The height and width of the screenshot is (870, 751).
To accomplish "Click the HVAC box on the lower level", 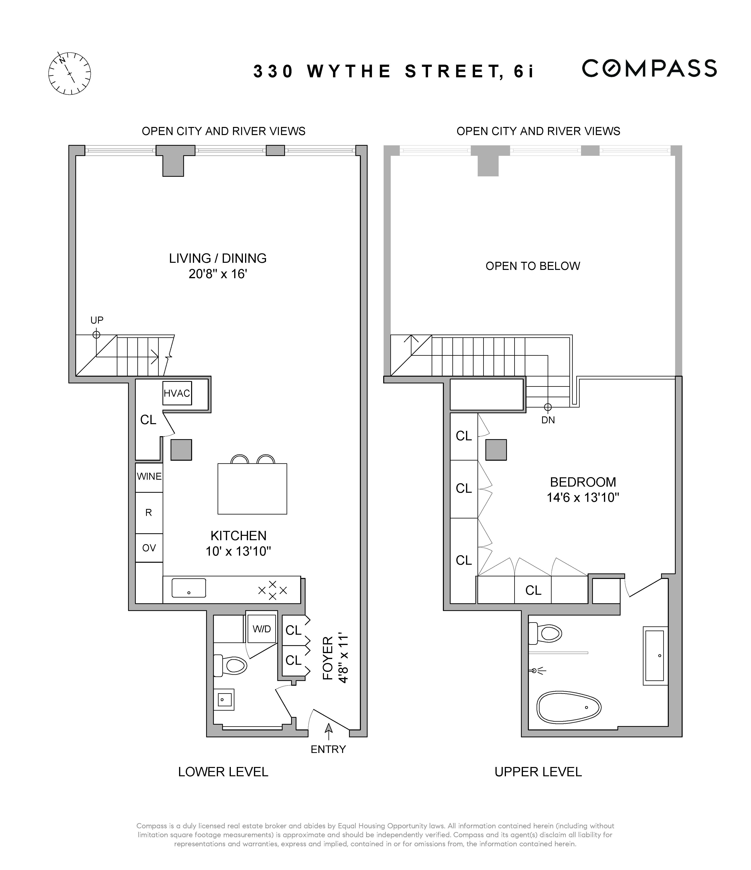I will [177, 393].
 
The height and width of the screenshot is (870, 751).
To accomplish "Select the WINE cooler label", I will [149, 476].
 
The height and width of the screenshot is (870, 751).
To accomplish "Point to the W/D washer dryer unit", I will [261, 629].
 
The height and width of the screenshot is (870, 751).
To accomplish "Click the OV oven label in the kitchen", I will [149, 548].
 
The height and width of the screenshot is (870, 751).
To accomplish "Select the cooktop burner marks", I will [273, 590].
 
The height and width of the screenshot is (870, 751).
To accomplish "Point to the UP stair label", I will [97, 320].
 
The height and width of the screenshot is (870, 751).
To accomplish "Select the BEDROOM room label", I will [583, 482].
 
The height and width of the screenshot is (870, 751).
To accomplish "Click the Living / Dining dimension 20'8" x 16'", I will [217, 274].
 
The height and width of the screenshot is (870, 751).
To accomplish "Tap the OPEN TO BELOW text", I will [533, 266].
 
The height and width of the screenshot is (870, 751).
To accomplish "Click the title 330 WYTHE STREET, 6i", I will [394, 71].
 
